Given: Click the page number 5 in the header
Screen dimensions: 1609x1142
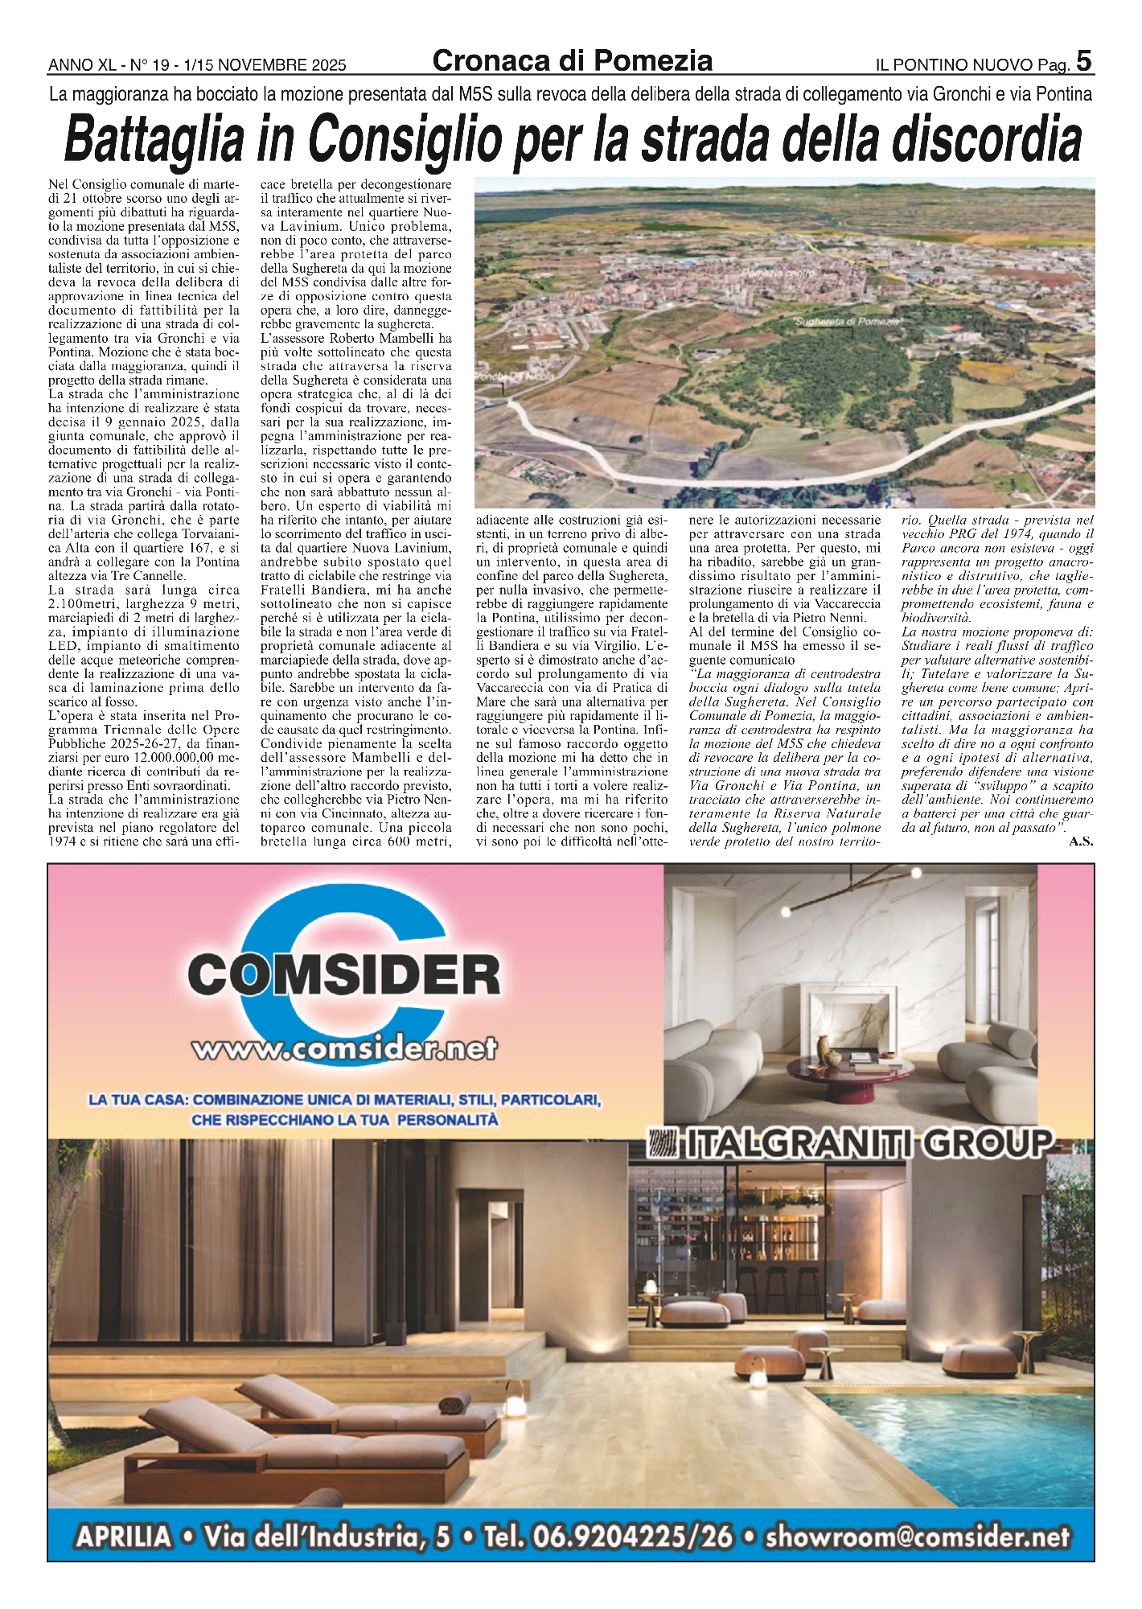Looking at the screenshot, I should [x=1084, y=60].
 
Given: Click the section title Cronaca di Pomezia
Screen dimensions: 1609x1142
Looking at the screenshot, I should [x=572, y=60].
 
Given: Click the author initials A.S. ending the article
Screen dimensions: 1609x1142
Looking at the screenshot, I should [x=1080, y=842].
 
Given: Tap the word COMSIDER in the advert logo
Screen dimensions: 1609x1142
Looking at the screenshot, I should [x=344, y=976].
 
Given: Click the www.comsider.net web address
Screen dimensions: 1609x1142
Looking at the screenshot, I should [x=344, y=1048].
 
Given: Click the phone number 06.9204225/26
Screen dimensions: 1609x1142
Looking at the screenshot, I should [x=608, y=1537].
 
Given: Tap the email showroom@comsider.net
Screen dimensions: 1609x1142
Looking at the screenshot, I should [x=918, y=1537].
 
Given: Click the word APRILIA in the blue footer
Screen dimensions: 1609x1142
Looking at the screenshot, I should [x=124, y=1537].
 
